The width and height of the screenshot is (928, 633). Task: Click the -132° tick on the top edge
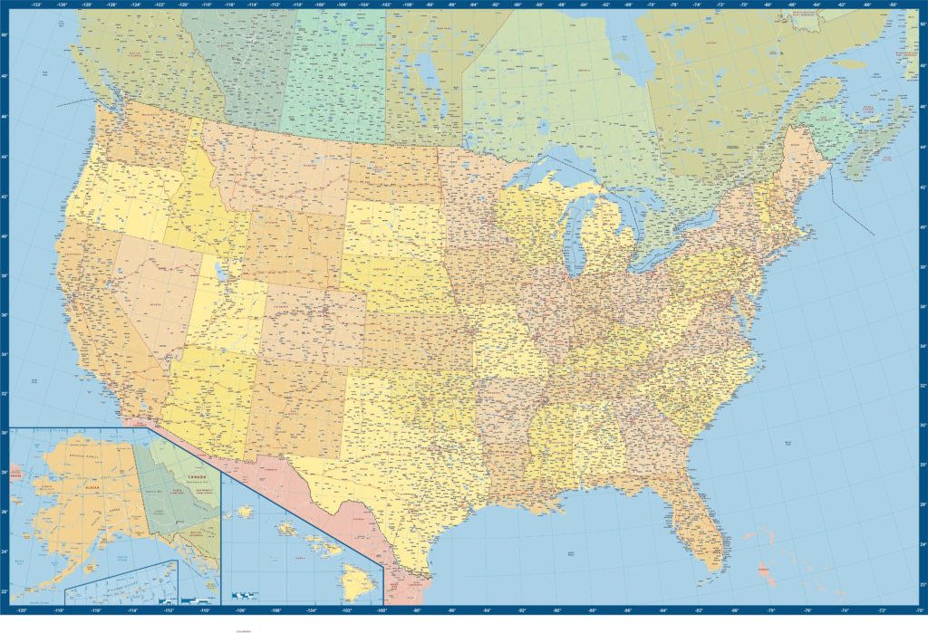36,5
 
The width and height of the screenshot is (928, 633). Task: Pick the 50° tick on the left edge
5,34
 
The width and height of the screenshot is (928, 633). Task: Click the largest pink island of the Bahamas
764,571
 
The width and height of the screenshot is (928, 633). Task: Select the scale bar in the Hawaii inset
242,595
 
